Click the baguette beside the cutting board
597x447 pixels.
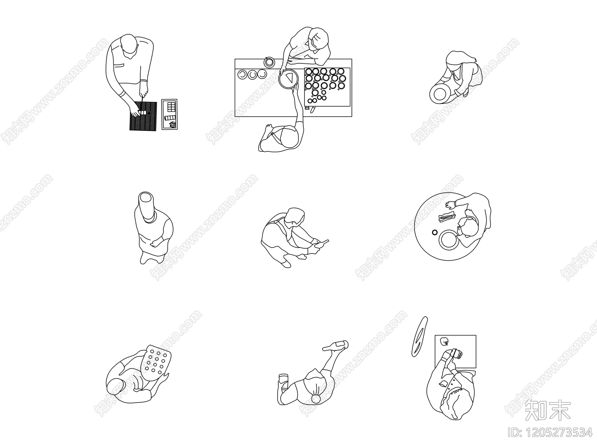tap(419, 336)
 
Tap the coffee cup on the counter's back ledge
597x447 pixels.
tap(269, 62)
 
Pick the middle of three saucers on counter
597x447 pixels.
tap(253, 75)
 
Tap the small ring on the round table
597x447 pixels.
tap(435, 233)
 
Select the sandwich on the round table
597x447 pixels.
tap(447, 217)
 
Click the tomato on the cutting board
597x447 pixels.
tap(443, 341)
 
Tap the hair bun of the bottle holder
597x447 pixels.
tap(316, 399)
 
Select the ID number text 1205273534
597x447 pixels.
tap(550, 432)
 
